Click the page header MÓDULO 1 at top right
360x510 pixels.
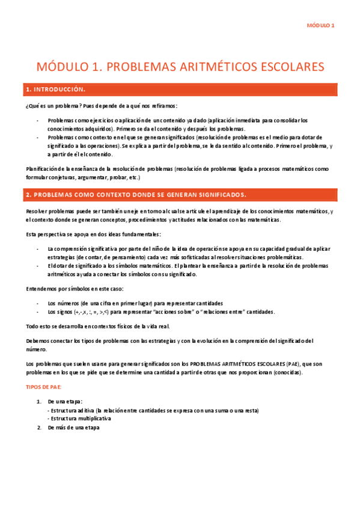click(320, 25)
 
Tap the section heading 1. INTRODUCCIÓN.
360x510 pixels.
click(56, 90)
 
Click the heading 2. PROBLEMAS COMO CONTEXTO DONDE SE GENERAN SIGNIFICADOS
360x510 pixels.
click(135, 195)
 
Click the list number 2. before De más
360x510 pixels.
click(38, 428)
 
